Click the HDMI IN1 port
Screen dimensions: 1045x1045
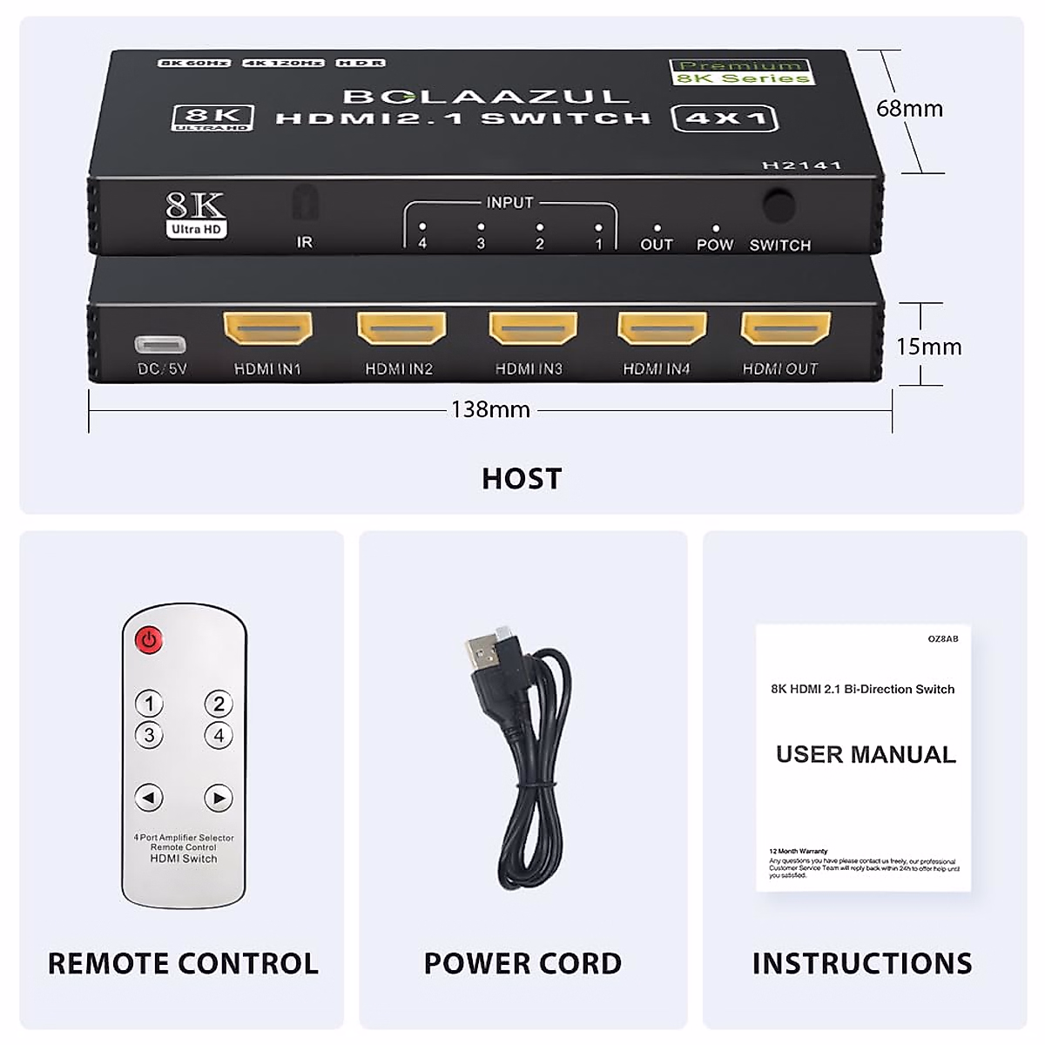click(268, 329)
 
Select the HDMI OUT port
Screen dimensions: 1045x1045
click(785, 329)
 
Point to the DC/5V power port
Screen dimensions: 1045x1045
click(160, 343)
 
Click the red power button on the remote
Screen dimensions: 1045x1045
click(149, 641)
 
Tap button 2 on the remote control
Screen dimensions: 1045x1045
click(219, 704)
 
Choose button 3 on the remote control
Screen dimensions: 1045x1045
click(149, 735)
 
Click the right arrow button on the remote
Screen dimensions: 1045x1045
click(219, 797)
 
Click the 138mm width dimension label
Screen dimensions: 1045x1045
click(490, 409)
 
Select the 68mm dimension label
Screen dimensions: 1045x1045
click(909, 109)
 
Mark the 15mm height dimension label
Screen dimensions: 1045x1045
click(928, 347)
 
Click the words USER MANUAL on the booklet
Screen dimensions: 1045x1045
click(866, 754)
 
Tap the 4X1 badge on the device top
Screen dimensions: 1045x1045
click(725, 118)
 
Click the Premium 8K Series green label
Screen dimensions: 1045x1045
click(742, 72)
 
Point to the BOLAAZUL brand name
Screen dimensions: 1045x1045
click(485, 96)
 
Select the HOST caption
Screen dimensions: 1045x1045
click(522, 478)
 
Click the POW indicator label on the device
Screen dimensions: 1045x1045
click(715, 245)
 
